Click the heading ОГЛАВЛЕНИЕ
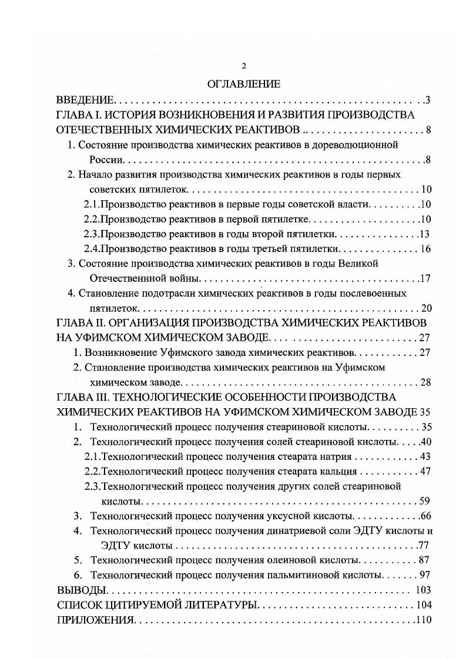[x=244, y=84]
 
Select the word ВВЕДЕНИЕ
[x=88, y=100]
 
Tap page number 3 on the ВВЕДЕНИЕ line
[x=428, y=100]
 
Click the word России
[x=105, y=160]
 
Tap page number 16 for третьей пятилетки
[x=426, y=248]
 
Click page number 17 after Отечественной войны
[x=427, y=278]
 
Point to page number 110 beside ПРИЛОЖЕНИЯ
[x=423, y=620]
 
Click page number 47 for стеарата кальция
[x=426, y=471]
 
